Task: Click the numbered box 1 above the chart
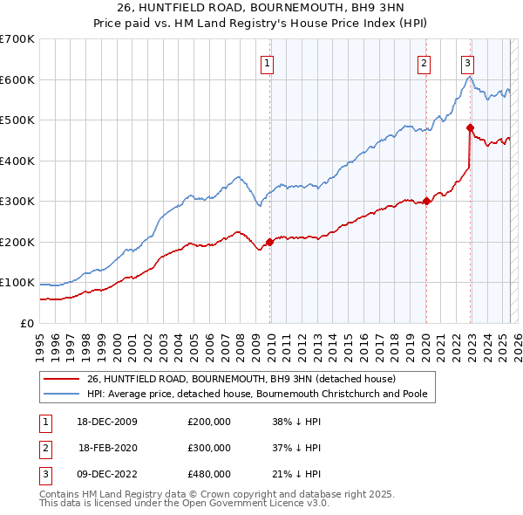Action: [x=267, y=62]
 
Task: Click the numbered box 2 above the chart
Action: [x=424, y=62]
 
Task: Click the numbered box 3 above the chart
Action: [x=468, y=62]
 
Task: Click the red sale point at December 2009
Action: [x=270, y=242]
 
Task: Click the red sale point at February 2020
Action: [x=427, y=202]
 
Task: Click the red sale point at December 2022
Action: [x=471, y=128]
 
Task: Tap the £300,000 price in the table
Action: [x=209, y=448]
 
